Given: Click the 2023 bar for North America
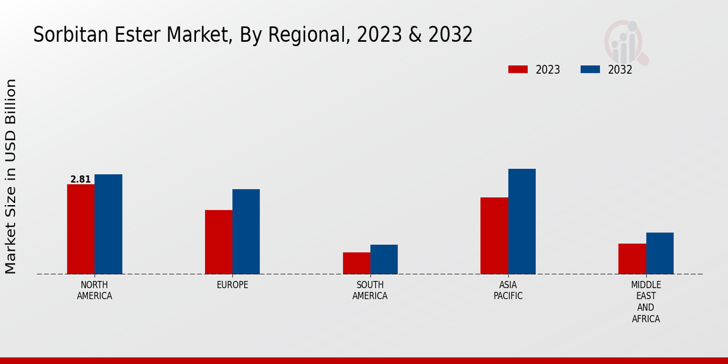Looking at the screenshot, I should click(x=81, y=229).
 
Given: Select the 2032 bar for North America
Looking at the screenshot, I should click(x=108, y=224).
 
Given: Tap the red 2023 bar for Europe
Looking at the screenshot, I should click(x=218, y=241).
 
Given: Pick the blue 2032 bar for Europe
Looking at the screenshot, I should click(x=246, y=231).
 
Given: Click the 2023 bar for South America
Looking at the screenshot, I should click(x=356, y=263).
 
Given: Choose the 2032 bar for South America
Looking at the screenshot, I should click(x=384, y=259).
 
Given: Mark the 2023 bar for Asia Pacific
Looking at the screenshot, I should click(x=494, y=235).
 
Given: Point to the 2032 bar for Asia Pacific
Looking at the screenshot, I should click(x=522, y=221).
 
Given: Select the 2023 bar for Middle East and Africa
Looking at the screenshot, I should click(x=632, y=258).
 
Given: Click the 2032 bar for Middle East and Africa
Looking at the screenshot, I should click(x=659, y=253).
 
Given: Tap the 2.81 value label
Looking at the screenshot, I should click(x=80, y=179).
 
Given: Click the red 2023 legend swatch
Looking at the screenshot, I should click(x=517, y=69).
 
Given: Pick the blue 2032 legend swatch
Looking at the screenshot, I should click(x=590, y=69).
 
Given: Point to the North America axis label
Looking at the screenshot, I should click(x=94, y=291).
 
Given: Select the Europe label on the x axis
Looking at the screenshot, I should click(x=232, y=285).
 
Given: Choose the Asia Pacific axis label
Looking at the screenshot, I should click(x=508, y=291).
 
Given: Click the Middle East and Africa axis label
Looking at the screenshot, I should click(x=645, y=302).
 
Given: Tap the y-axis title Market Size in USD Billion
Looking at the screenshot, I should click(x=11, y=176).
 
